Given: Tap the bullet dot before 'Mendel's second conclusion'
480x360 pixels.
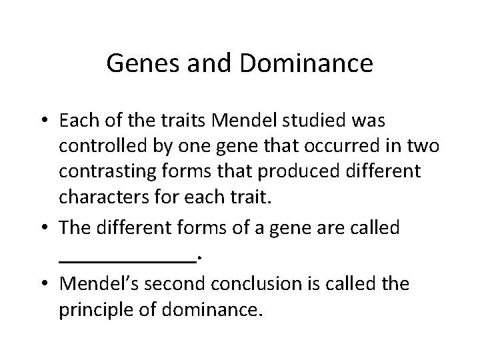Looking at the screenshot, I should [x=44, y=285].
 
